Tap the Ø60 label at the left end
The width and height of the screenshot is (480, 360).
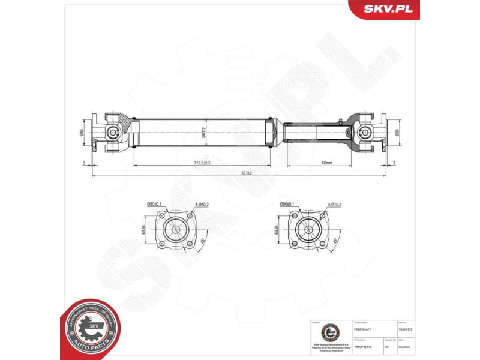point(83,133)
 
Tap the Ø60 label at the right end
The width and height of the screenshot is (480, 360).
point(397,133)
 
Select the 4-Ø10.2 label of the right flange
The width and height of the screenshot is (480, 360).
point(334,205)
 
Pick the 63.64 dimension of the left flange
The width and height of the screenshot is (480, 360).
point(144,229)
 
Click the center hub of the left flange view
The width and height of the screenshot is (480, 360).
point(176,229)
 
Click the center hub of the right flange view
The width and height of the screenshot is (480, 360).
point(308,229)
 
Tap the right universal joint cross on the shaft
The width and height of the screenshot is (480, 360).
point(364,132)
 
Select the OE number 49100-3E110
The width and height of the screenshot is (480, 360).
point(364,346)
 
